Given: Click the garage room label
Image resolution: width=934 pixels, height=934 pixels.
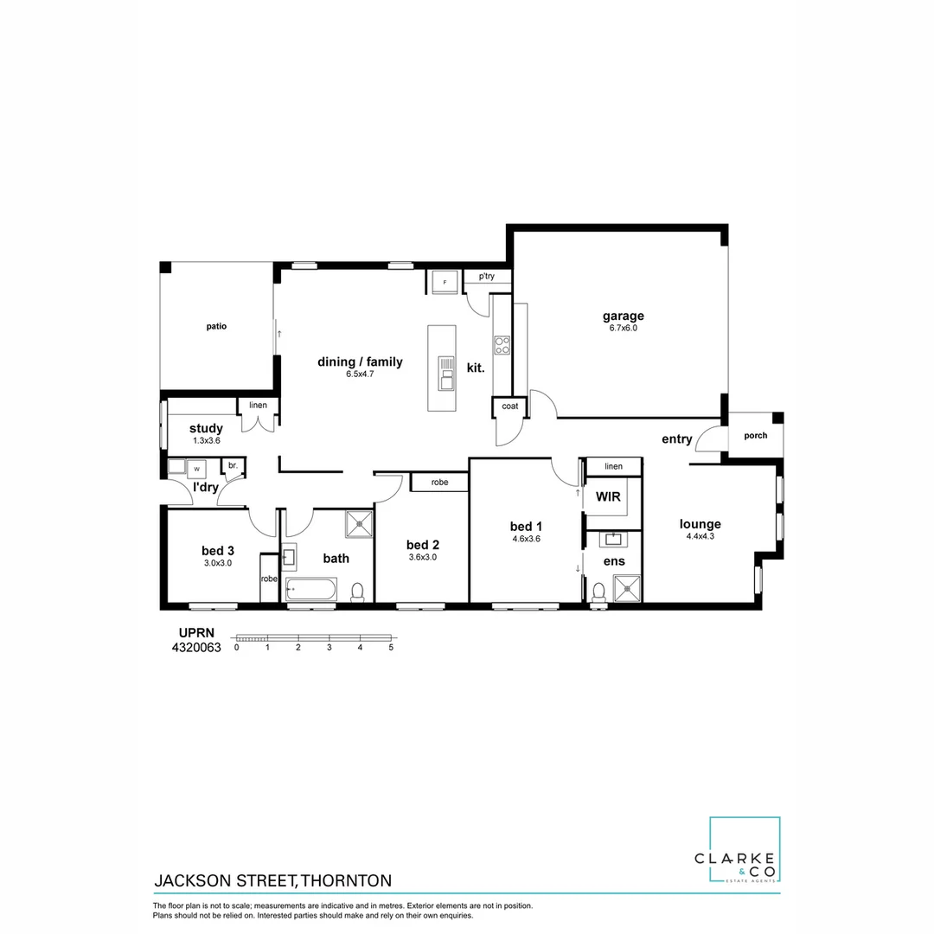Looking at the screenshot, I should click(x=623, y=316).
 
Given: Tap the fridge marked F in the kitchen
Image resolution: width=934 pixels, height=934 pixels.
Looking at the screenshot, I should click(x=445, y=282).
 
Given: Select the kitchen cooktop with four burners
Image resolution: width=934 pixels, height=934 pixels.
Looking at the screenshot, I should click(x=502, y=346).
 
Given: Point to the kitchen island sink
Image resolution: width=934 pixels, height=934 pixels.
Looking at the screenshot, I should click(x=445, y=374).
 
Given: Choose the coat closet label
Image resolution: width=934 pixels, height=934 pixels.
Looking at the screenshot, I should click(x=509, y=406).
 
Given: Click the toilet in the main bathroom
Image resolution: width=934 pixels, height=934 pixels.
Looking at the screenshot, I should click(x=356, y=592).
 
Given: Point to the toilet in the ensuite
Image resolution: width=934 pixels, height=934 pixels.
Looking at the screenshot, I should click(x=598, y=592).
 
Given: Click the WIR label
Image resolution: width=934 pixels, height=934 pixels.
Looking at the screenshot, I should click(x=609, y=497).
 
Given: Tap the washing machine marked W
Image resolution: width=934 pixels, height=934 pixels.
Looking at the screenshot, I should click(x=196, y=468).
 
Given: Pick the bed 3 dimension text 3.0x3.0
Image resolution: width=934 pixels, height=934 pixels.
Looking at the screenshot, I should click(x=217, y=563).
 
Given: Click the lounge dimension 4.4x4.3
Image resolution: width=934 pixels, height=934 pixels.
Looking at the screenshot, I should click(x=700, y=536).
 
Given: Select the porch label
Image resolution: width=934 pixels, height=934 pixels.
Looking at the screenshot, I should click(x=755, y=435).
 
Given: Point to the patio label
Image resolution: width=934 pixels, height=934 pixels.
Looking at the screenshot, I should click(x=216, y=326).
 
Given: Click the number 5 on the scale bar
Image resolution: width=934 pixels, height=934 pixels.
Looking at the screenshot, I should click(x=391, y=647).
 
